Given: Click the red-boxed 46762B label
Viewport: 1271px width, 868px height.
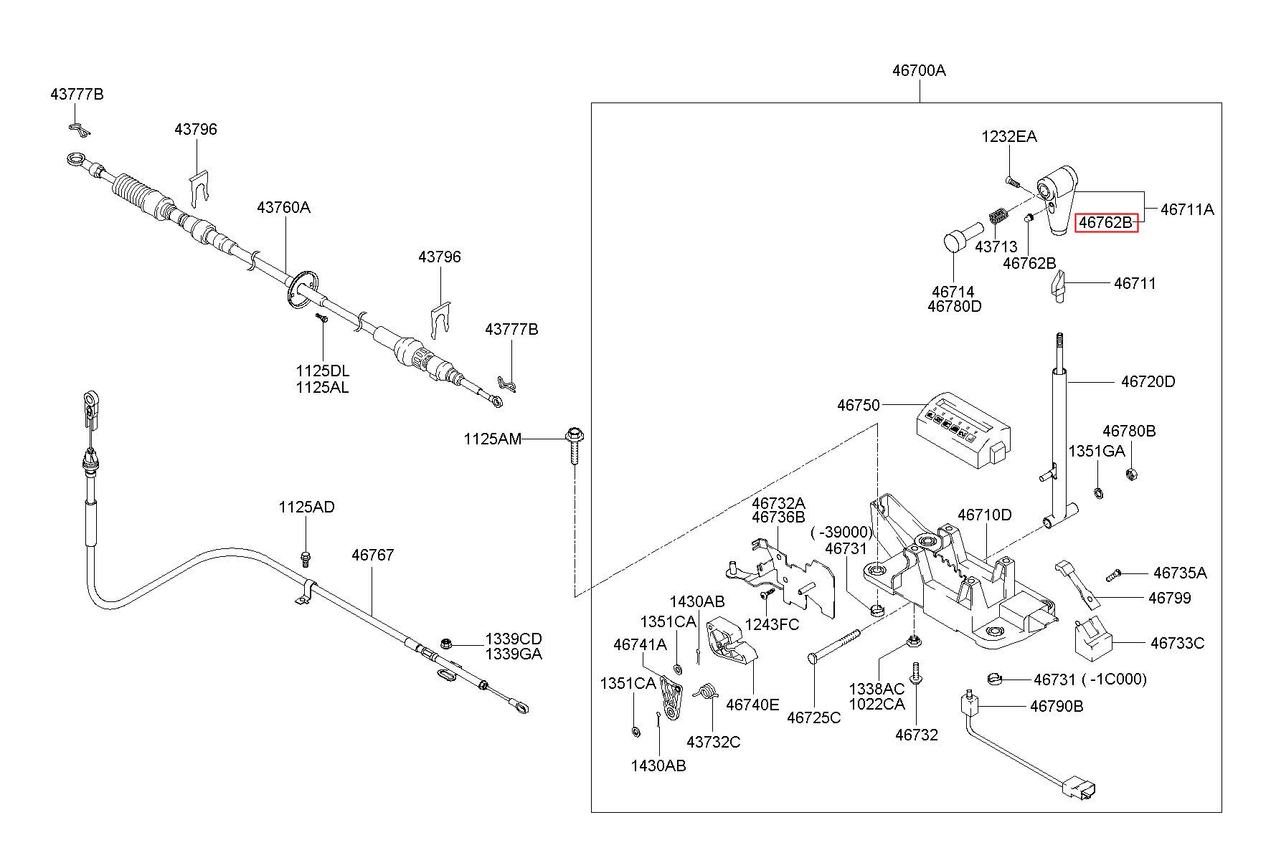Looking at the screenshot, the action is (x=1105, y=223).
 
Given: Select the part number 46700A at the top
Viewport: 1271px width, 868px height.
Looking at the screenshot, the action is (x=919, y=70).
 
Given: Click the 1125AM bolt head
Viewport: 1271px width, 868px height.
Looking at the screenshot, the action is (x=573, y=434).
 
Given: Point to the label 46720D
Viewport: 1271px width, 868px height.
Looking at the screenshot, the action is (x=1148, y=381).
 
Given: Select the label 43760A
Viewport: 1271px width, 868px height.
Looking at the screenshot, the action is (x=283, y=208).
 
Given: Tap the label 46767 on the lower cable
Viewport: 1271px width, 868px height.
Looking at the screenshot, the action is (x=372, y=555).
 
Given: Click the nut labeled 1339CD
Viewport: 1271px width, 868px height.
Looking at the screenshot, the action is (x=445, y=643).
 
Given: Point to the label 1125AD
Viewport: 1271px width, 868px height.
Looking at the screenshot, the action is (x=306, y=507).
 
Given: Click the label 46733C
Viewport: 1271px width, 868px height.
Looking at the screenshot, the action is (x=1177, y=643).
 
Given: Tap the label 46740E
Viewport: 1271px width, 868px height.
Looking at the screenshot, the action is (x=752, y=704).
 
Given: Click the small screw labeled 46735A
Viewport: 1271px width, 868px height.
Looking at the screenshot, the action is (x=1114, y=574).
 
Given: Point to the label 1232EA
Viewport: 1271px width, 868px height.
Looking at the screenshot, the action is (x=1008, y=136).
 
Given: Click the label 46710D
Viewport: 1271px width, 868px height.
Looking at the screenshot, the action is (x=984, y=515).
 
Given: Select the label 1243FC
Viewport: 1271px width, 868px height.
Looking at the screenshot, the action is (x=772, y=624).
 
